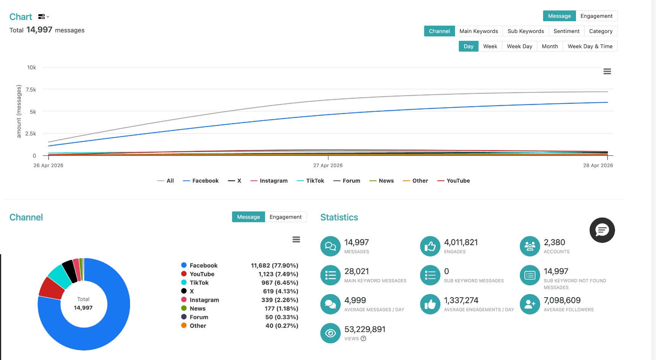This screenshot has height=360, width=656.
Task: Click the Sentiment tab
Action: click(566, 31)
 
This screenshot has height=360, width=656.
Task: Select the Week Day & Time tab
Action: click(590, 46)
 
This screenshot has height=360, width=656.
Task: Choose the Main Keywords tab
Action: click(479, 31)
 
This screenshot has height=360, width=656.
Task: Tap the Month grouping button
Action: click(550, 46)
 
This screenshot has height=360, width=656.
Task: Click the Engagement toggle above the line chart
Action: click(596, 16)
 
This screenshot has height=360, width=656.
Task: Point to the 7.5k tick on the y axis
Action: click(31, 89)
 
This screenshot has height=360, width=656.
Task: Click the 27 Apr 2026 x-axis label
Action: click(328, 165)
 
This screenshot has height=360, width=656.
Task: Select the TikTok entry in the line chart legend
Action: click(311, 181)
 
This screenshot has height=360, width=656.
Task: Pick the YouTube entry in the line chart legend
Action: click(454, 181)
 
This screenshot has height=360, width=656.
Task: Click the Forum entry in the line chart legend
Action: click(347, 181)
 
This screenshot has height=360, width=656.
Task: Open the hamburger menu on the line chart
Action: click(607, 71)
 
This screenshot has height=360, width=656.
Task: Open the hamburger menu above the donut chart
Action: click(296, 239)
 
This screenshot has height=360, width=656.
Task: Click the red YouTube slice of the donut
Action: click(52, 288)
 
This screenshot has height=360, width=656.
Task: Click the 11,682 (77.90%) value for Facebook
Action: click(275, 266)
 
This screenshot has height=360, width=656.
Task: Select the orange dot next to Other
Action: click(184, 326)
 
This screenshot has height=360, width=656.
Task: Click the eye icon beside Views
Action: click(330, 333)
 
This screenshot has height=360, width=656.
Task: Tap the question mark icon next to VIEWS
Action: click(363, 338)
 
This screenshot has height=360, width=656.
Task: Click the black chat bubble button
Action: click(602, 230)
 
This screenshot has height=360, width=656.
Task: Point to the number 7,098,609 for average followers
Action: click(562, 301)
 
